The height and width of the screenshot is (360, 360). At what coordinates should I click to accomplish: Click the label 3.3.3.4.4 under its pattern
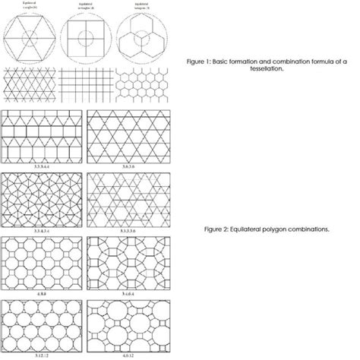(42, 165)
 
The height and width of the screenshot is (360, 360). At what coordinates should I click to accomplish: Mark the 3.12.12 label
(42, 354)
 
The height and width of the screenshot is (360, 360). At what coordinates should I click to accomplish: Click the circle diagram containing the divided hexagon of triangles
(30, 37)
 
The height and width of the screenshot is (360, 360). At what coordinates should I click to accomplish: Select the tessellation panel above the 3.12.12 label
(42, 326)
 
